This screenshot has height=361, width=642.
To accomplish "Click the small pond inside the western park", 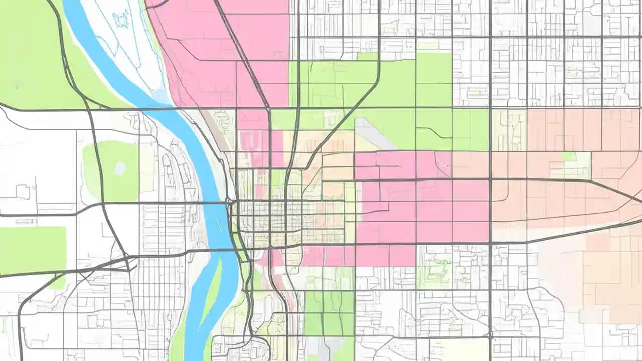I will [120, 168].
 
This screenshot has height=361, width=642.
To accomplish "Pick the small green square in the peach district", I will [568, 157].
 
